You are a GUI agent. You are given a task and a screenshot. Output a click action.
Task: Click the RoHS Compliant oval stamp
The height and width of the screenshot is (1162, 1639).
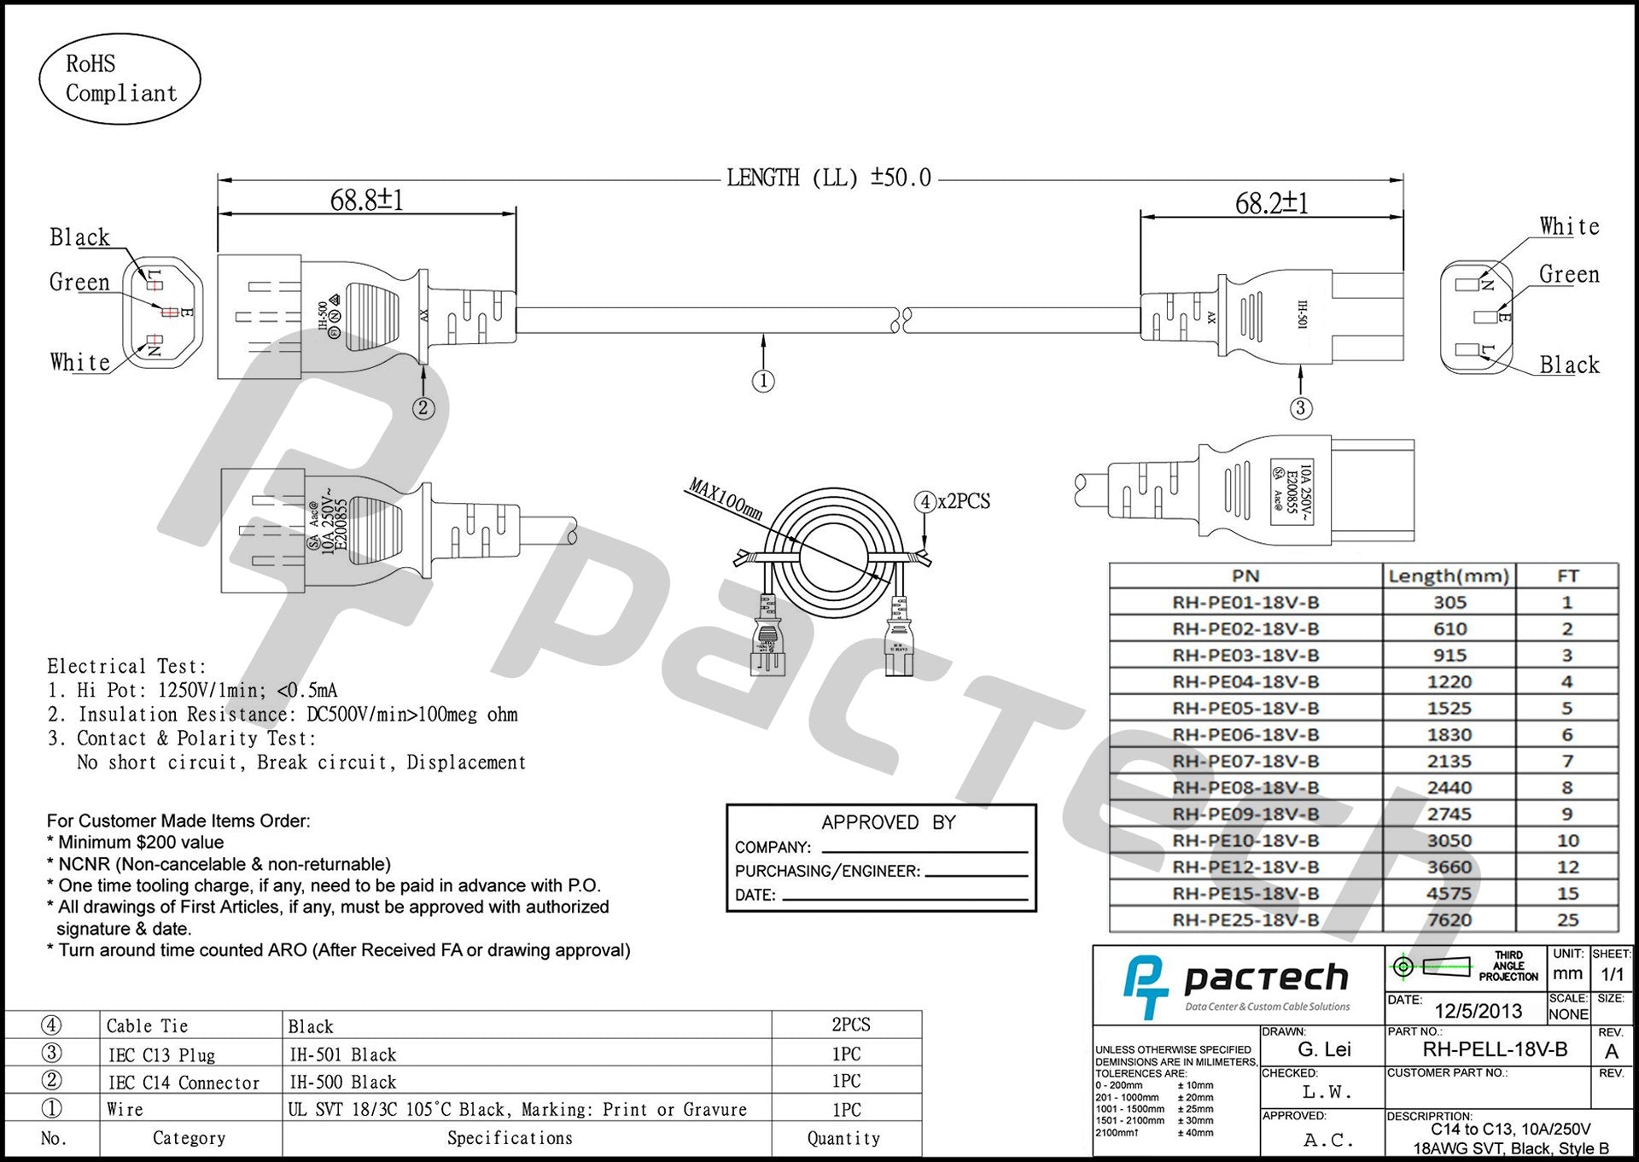point(120,79)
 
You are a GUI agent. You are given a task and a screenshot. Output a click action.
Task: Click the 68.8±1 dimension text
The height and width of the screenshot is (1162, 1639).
point(366,201)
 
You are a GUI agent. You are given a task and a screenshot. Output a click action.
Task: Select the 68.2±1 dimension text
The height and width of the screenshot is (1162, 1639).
point(1271,203)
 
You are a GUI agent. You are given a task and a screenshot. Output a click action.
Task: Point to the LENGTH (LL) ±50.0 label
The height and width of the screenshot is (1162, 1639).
point(828,178)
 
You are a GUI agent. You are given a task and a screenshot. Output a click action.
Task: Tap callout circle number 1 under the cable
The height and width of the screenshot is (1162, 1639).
point(763,381)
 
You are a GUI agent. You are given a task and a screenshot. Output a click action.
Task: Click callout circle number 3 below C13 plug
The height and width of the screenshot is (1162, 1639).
point(1300,408)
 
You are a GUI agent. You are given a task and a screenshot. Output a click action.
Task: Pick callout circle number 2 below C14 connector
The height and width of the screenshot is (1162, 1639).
point(423,408)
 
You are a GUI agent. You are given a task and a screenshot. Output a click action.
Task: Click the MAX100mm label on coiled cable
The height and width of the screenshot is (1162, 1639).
point(725,500)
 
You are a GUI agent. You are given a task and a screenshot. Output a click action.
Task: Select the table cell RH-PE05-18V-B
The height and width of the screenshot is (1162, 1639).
point(1245,709)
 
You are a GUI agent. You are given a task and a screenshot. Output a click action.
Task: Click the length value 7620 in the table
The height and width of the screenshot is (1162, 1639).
point(1449,920)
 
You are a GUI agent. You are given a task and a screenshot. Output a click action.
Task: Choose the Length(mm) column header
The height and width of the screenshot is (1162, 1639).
point(1449,576)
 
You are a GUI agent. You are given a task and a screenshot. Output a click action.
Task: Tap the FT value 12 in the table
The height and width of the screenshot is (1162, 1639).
point(1567,867)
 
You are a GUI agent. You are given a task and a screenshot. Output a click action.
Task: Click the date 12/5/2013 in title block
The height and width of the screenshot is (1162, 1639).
point(1478,1011)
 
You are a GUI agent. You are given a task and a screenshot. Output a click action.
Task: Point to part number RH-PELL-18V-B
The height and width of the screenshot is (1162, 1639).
point(1495,1050)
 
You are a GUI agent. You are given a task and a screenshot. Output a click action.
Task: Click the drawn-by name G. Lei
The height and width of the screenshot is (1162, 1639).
point(1324,1050)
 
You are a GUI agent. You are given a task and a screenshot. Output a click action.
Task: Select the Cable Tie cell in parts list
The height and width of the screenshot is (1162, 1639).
point(147,1026)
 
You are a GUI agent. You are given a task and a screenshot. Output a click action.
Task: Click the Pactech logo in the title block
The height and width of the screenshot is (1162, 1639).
point(1236,986)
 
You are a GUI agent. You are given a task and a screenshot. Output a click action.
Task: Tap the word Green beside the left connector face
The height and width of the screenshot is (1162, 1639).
point(79,283)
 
